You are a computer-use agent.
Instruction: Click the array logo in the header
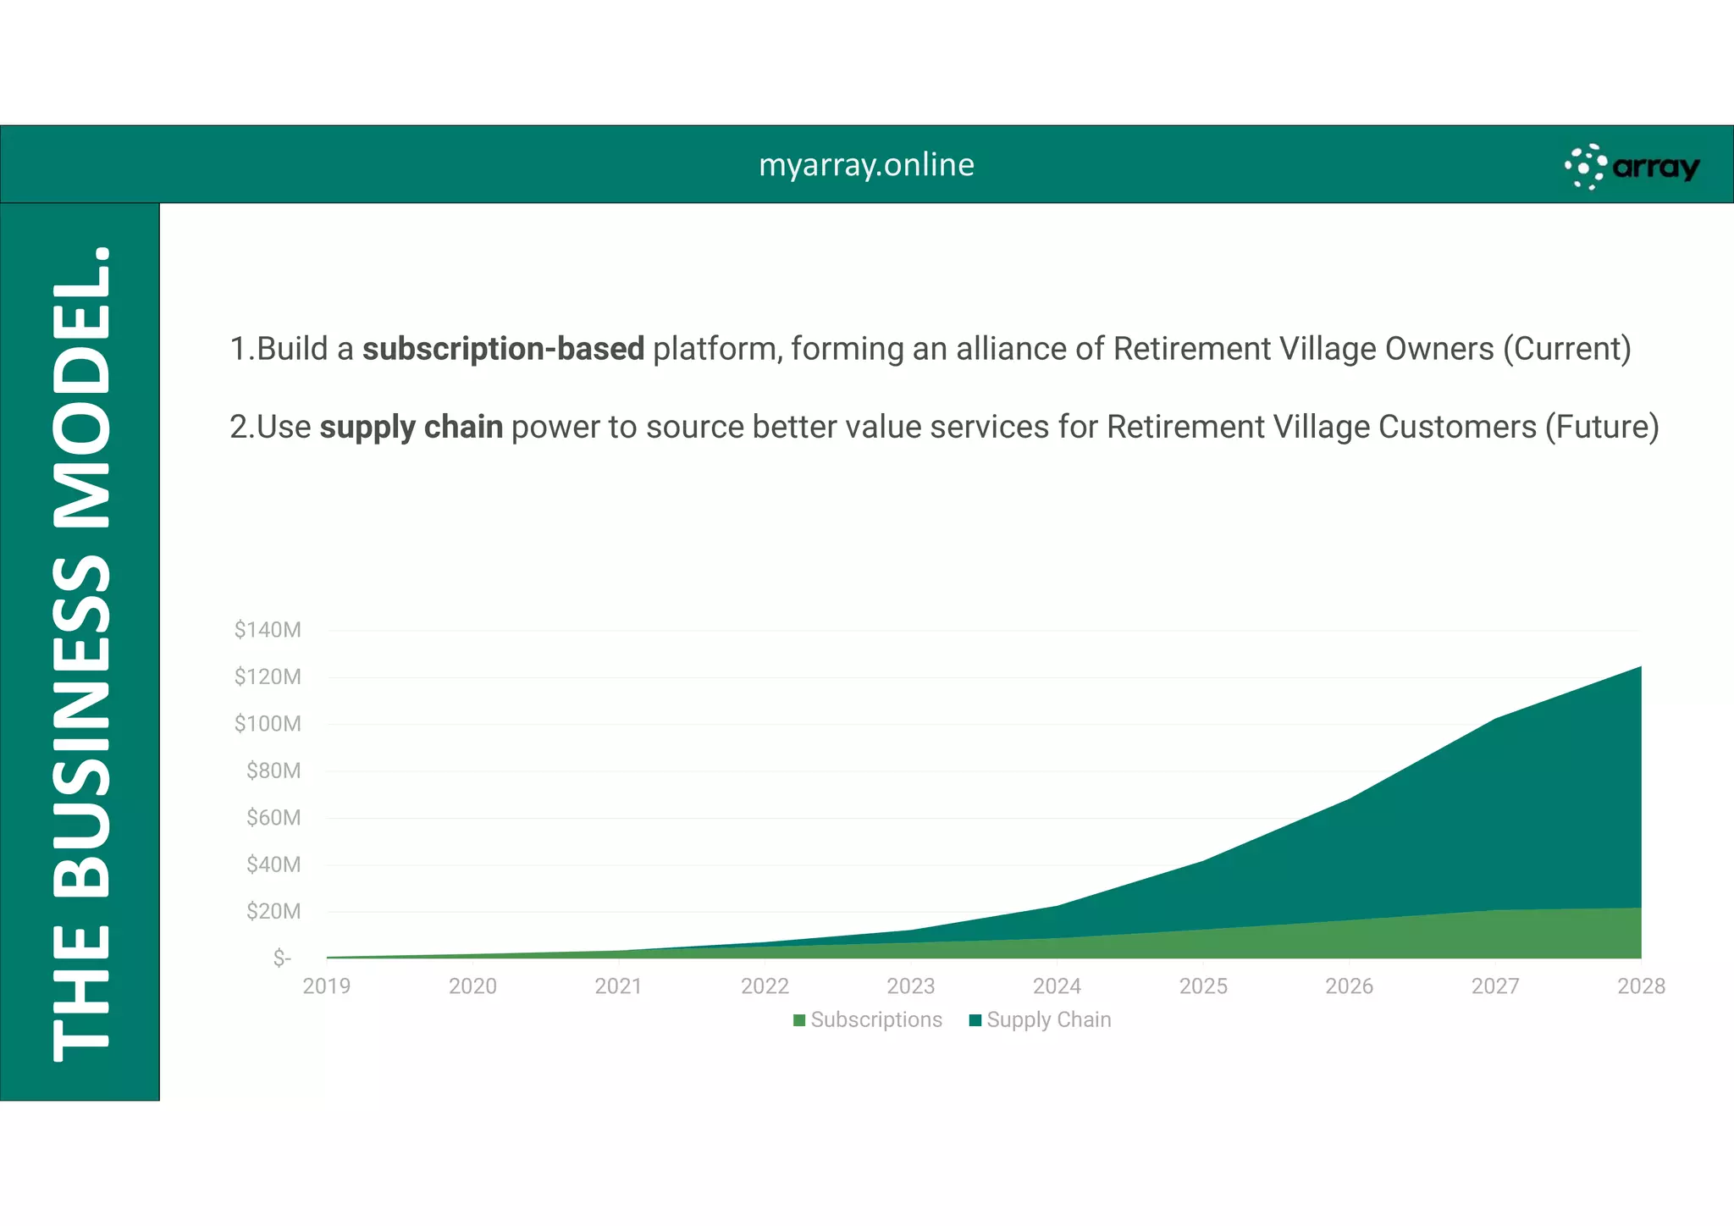pyautogui.click(x=1632, y=167)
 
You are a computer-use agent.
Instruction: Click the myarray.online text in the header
pyautogui.click(x=866, y=164)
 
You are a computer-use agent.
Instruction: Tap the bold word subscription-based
pyautogui.click(x=503, y=349)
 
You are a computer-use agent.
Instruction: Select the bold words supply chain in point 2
pyautogui.click(x=411, y=427)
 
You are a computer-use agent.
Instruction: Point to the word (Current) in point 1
pyautogui.click(x=1566, y=349)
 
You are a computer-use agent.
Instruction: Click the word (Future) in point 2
pyautogui.click(x=1602, y=427)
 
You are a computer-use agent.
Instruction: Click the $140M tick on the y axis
pyautogui.click(x=268, y=630)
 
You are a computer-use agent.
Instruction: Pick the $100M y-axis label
pyautogui.click(x=268, y=724)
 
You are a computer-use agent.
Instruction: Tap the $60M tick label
pyautogui.click(x=273, y=818)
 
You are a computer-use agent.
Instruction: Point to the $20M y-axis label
pyautogui.click(x=273, y=912)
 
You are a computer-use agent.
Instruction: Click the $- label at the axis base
pyautogui.click(x=282, y=958)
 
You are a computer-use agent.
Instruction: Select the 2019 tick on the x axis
pyautogui.click(x=327, y=986)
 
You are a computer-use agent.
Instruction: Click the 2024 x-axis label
pyautogui.click(x=1057, y=986)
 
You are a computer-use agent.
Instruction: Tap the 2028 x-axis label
pyautogui.click(x=1641, y=986)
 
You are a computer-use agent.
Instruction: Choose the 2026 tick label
pyautogui.click(x=1349, y=986)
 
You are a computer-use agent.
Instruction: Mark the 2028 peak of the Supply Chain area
pyautogui.click(x=1640, y=668)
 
